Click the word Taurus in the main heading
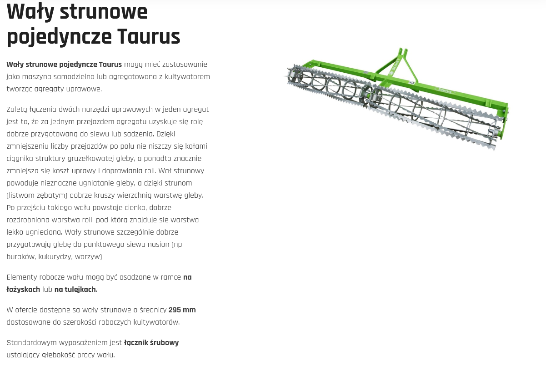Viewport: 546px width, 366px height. (x=149, y=36)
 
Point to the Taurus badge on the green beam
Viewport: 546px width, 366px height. (x=445, y=90)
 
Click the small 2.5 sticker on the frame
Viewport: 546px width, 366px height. (x=412, y=83)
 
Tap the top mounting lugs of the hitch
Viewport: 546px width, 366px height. (x=402, y=52)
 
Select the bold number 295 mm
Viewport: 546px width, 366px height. (x=182, y=310)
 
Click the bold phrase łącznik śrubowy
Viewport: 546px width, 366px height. (x=151, y=343)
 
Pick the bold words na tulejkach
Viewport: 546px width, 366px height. (x=75, y=290)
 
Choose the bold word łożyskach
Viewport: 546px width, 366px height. (x=23, y=290)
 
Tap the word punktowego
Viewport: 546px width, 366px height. (x=104, y=245)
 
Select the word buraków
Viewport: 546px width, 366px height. (x=21, y=257)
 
